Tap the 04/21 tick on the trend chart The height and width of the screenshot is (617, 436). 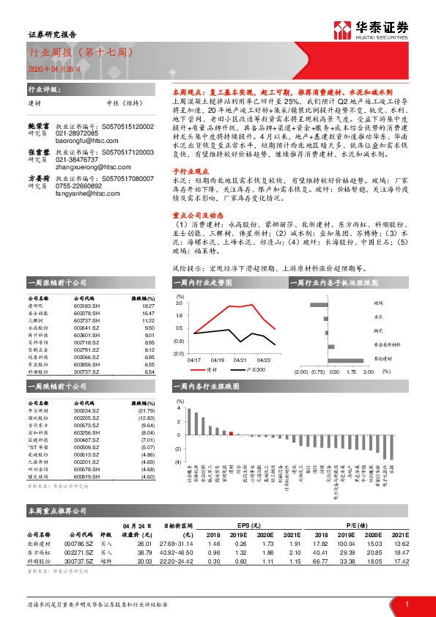pyautogui.click(x=241, y=359)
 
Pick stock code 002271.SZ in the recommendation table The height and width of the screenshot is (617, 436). pyautogui.click(x=77, y=553)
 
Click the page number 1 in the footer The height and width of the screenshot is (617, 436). pyautogui.click(x=406, y=603)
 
